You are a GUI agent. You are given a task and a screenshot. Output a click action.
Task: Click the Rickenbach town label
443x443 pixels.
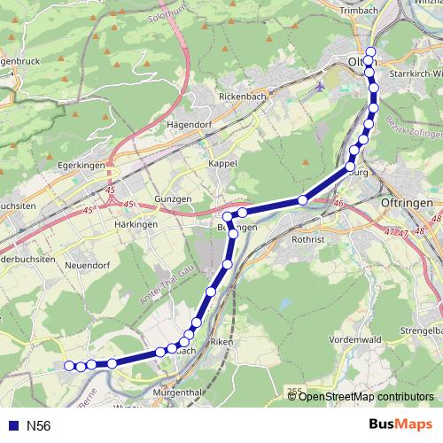(x=243, y=95)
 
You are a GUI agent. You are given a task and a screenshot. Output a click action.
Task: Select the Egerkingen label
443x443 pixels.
(x=81, y=165)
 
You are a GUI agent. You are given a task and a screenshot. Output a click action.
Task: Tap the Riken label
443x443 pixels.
(x=221, y=340)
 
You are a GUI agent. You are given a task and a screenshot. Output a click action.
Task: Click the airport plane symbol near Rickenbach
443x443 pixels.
(x=320, y=88)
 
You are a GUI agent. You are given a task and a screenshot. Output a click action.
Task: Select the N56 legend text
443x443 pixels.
(x=38, y=426)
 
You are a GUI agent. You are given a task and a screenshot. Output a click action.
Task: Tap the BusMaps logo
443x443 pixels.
(x=400, y=425)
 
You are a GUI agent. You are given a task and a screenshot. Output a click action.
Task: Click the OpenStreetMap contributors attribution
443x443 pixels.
(x=366, y=396)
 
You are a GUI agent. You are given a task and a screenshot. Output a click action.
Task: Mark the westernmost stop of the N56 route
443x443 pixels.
(x=69, y=365)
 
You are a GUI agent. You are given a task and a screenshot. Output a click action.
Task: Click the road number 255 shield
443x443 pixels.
(x=294, y=390)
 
